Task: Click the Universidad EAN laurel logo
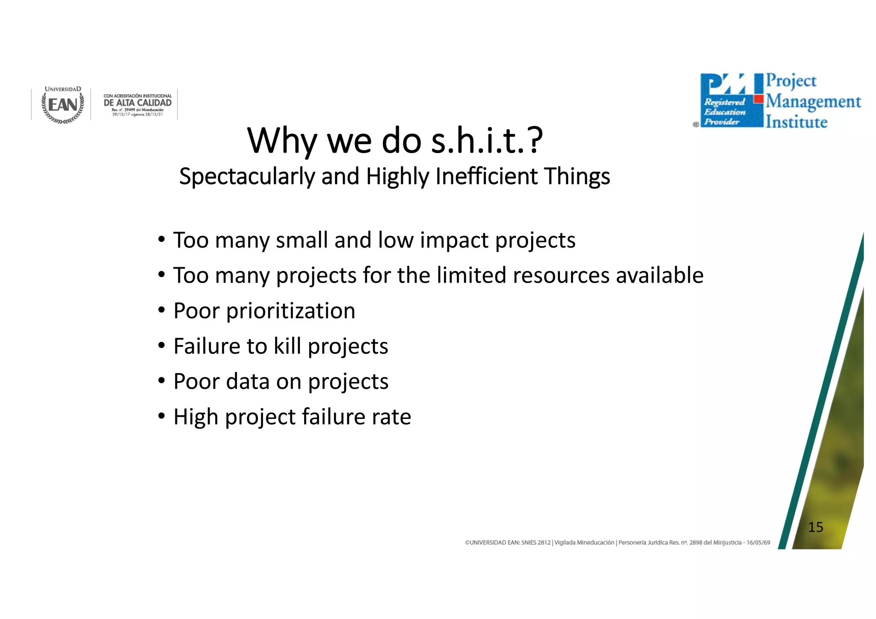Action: click(62, 105)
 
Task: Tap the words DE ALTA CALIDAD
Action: click(137, 103)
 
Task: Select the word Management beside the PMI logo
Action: click(813, 102)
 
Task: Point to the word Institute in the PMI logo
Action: click(796, 122)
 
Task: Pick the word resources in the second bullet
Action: click(561, 275)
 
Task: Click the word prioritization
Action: click(290, 311)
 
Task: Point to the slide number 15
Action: click(815, 527)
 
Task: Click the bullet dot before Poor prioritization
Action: click(161, 310)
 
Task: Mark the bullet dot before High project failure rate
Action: click(161, 416)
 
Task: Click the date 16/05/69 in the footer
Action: click(758, 542)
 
